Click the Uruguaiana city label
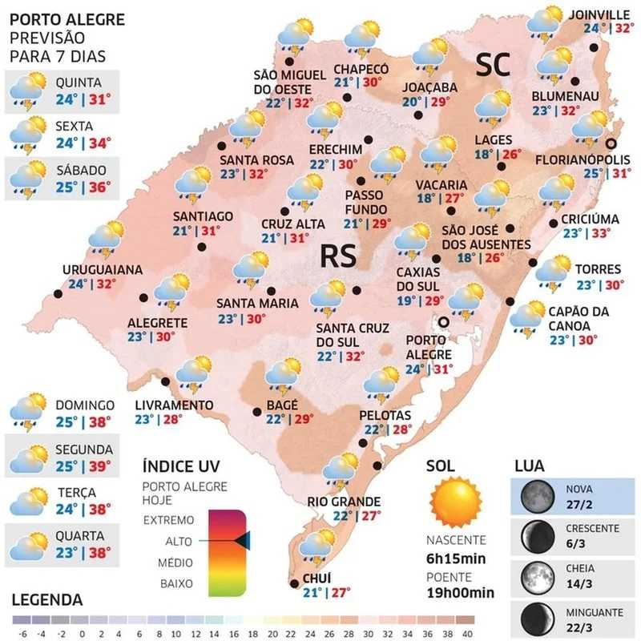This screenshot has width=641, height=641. click(103, 270)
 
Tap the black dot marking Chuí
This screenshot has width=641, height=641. click(294, 583)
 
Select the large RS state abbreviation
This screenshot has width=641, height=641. click(338, 256)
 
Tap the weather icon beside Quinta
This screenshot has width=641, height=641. click(28, 90)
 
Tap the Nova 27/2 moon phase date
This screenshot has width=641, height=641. click(579, 504)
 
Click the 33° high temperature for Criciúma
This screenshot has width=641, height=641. click(599, 234)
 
